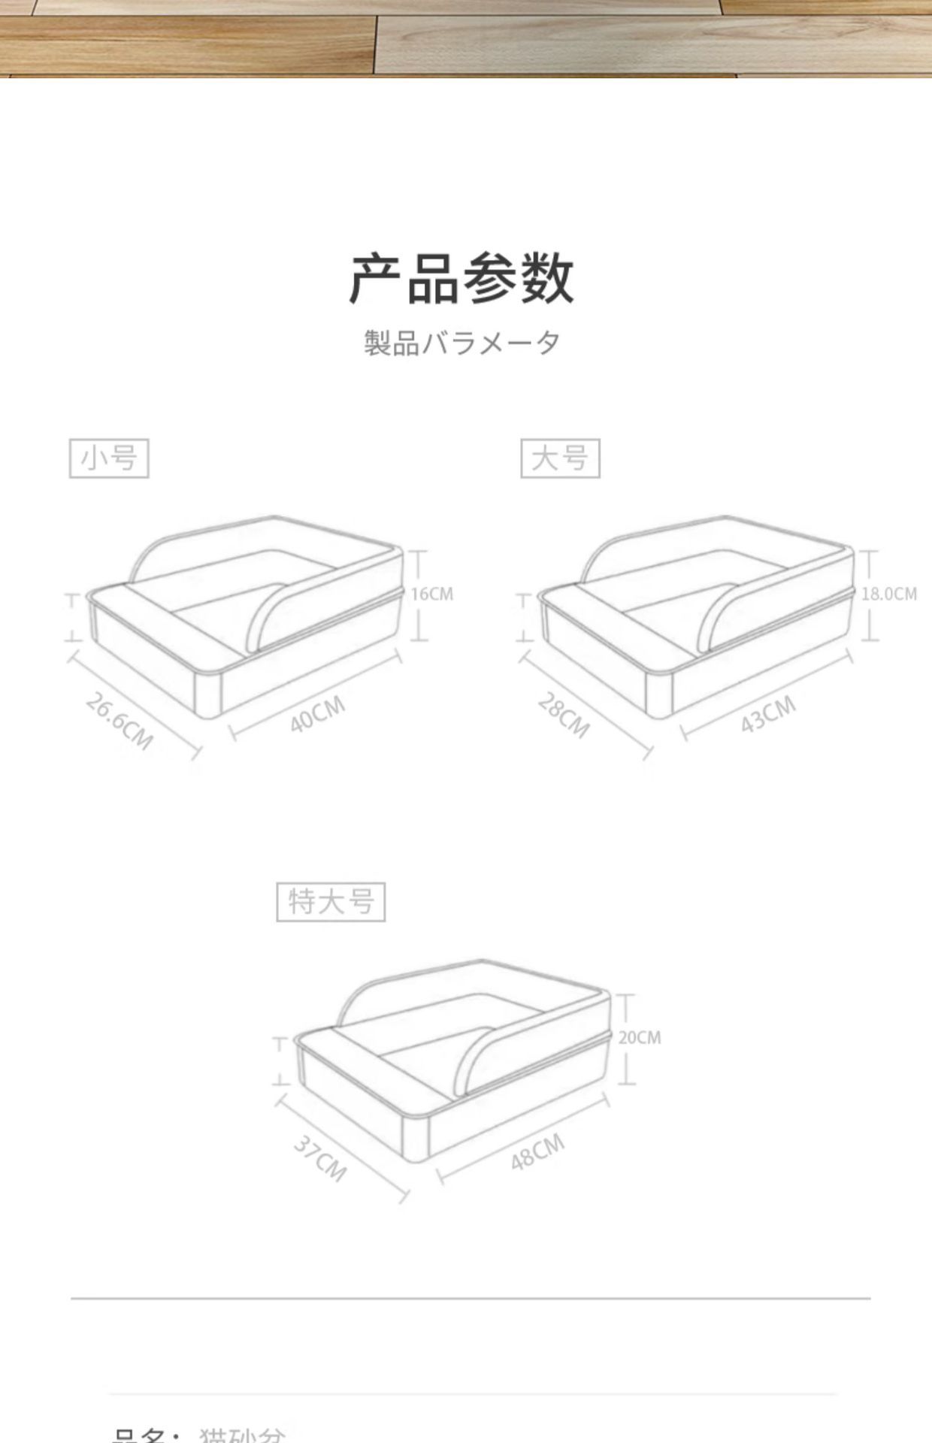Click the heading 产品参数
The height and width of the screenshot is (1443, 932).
point(461,278)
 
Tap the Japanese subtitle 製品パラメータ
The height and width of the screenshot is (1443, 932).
point(461,343)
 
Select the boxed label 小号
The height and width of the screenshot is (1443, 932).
point(109,458)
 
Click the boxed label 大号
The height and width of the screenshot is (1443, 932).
point(560,458)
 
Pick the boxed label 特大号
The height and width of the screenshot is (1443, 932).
point(331,902)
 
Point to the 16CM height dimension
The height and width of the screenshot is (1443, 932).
point(432,594)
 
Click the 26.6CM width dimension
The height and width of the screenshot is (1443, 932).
point(119,721)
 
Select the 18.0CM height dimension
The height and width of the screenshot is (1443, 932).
point(889,594)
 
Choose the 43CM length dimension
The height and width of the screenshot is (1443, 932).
point(767,713)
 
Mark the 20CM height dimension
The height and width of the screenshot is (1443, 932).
point(640,1038)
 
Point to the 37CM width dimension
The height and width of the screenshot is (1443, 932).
point(320,1158)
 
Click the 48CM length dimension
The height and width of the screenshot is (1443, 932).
point(537,1153)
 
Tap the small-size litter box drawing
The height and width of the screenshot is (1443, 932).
point(248,616)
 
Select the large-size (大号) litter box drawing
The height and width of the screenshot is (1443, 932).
point(699,616)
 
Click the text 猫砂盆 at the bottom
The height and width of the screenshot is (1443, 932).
point(242,1434)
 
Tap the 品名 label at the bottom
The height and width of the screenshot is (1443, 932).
point(143,1434)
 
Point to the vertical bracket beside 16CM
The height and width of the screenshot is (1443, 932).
point(418,595)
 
